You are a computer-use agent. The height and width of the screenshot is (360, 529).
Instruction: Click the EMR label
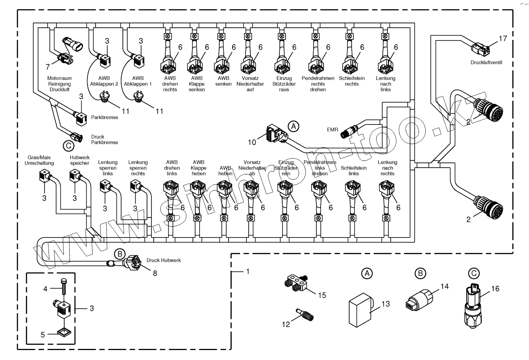coord(332,130)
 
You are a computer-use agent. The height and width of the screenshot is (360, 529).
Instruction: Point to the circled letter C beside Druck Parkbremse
coord(68,146)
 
